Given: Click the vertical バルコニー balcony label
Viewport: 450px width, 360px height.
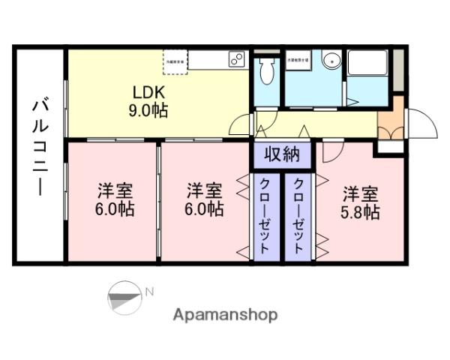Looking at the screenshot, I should click(37, 154).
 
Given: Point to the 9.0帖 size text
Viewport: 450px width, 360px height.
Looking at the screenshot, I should click(148, 110).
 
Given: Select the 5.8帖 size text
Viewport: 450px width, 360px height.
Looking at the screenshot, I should click(361, 211).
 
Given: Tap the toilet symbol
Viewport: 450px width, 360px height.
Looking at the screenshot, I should click(267, 71).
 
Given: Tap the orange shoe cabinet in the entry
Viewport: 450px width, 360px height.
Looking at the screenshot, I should click(389, 124).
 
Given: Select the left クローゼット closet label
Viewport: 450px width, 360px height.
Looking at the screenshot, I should click(266, 217).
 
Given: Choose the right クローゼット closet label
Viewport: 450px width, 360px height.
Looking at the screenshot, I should click(298, 217).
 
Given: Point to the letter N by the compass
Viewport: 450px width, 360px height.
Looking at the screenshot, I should click(149, 292).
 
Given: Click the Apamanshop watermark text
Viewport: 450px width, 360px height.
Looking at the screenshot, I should click(225, 315).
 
